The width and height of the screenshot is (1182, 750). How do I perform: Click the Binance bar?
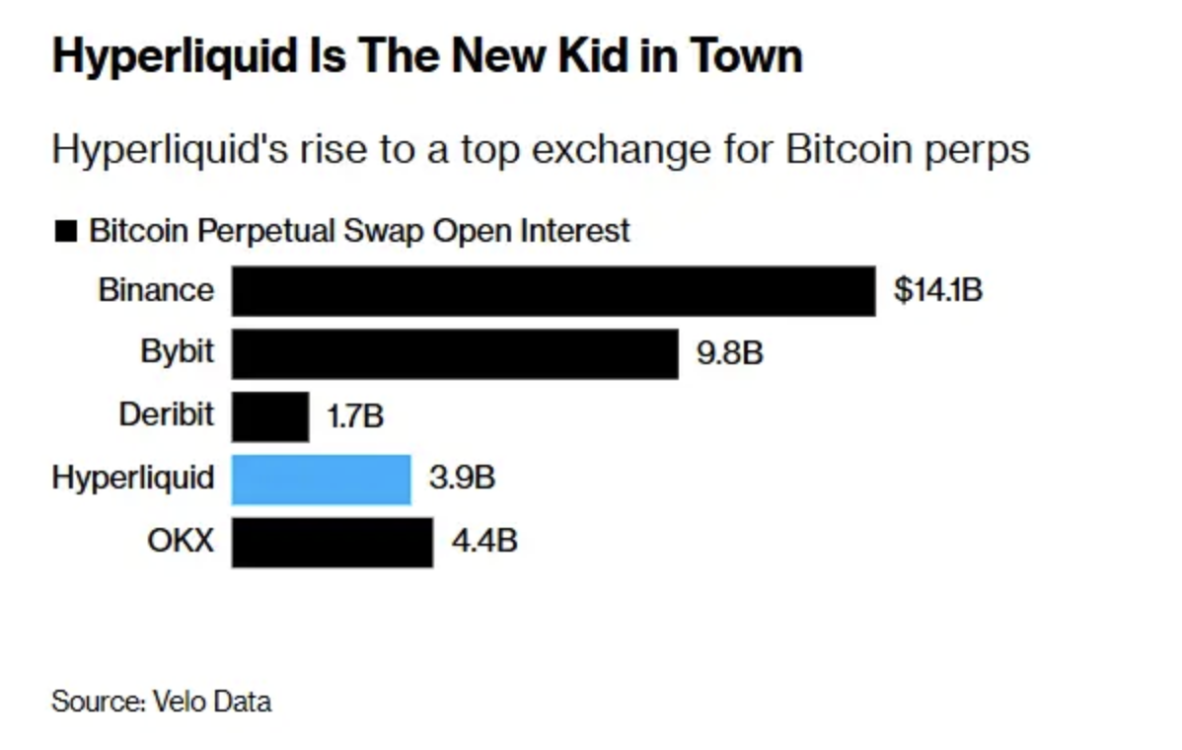click(553, 291)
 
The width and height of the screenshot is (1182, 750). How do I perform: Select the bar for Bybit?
click(454, 353)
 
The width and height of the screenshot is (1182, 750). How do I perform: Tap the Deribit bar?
click(270, 415)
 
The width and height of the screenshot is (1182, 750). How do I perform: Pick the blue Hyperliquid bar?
click(321, 479)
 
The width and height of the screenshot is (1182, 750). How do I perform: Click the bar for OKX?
click(332, 541)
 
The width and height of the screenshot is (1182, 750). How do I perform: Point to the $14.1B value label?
click(937, 291)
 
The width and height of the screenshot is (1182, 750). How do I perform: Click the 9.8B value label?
click(730, 353)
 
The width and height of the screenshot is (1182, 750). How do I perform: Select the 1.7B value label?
click(354, 415)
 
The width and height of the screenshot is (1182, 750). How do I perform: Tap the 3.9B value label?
click(462, 479)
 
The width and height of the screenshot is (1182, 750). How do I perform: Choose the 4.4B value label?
click(483, 541)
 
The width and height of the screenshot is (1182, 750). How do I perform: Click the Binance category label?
click(156, 290)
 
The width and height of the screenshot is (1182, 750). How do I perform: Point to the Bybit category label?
click(178, 352)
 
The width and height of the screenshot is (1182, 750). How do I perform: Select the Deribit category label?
click(166, 414)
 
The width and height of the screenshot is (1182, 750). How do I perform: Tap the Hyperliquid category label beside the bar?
click(133, 479)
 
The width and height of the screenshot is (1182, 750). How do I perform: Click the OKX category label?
click(181, 541)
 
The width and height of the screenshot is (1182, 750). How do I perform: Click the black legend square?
click(66, 233)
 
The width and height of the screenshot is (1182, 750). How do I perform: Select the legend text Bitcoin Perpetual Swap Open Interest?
click(359, 231)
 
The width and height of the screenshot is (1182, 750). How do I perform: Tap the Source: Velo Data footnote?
click(161, 702)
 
